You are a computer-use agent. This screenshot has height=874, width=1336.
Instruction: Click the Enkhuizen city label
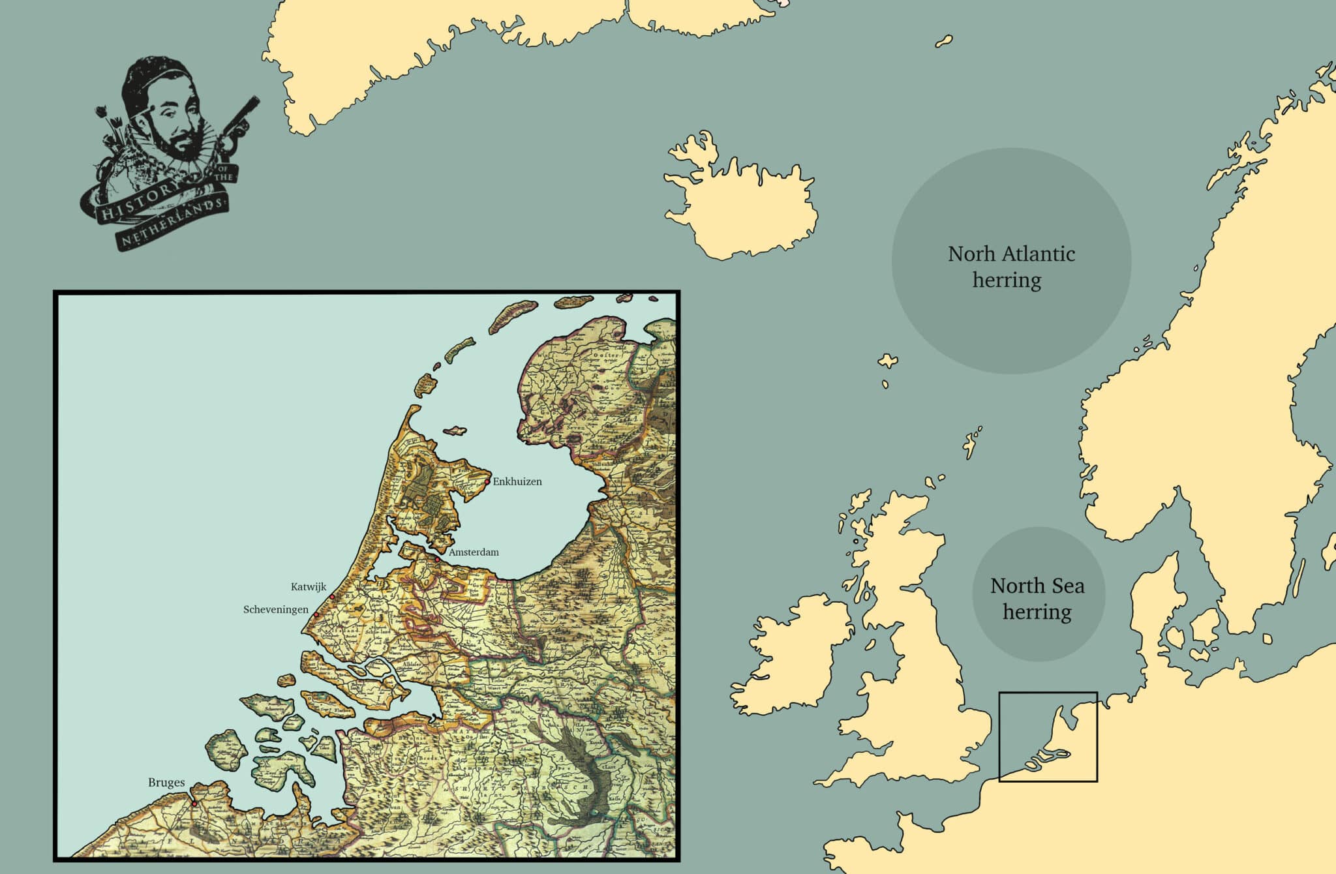tap(517, 482)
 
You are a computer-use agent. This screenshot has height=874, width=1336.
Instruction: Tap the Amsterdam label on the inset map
tap(474, 552)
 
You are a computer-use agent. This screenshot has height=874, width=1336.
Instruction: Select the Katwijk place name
tap(309, 587)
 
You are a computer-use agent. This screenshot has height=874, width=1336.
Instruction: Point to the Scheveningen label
tap(275, 610)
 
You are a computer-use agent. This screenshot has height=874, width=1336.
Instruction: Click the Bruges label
tap(166, 783)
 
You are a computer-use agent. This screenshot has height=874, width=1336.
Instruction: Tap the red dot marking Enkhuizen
tap(487, 482)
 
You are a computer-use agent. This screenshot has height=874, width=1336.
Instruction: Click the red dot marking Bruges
tap(194, 804)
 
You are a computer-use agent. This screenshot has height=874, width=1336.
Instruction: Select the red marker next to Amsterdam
tap(437, 559)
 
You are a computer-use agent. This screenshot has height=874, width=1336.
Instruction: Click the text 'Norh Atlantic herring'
tap(1010, 267)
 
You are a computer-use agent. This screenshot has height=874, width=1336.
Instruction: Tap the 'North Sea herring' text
tap(1037, 599)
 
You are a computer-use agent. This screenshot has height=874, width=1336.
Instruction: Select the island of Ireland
tap(789, 659)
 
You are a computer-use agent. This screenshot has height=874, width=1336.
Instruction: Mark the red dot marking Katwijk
tap(332, 597)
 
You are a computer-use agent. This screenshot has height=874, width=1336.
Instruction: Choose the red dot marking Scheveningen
tap(316, 614)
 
